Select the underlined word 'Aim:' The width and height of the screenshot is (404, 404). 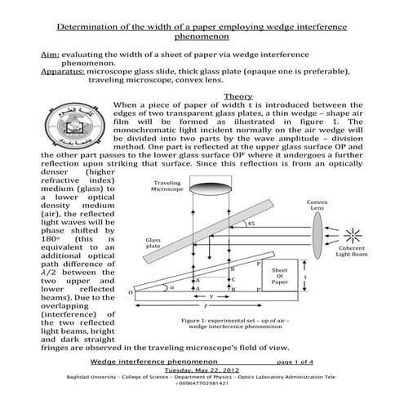(51, 51)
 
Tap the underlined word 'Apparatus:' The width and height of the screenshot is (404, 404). (65, 72)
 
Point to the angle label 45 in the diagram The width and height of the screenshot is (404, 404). (252, 224)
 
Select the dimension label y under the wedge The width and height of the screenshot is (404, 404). (211, 296)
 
